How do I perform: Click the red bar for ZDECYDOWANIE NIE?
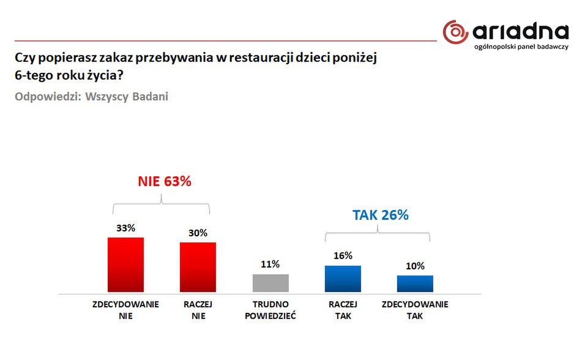(x=125, y=264)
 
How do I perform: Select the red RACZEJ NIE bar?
(x=198, y=267)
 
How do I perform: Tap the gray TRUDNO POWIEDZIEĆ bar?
(x=270, y=283)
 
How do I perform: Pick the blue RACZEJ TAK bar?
(x=343, y=279)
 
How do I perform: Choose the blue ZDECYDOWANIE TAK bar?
(x=415, y=283)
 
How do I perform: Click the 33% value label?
(x=125, y=228)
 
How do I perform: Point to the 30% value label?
(x=198, y=233)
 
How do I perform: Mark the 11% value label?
(x=270, y=264)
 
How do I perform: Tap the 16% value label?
(x=343, y=256)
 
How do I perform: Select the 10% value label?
(x=415, y=266)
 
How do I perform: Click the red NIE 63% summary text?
(x=163, y=182)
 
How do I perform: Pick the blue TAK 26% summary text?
(x=380, y=215)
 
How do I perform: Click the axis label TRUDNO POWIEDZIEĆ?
(x=270, y=310)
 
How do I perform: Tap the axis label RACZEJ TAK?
(x=343, y=310)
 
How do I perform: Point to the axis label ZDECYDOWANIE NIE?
(x=125, y=310)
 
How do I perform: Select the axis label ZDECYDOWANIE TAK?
(x=415, y=310)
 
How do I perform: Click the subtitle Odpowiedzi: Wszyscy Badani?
(x=91, y=97)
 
